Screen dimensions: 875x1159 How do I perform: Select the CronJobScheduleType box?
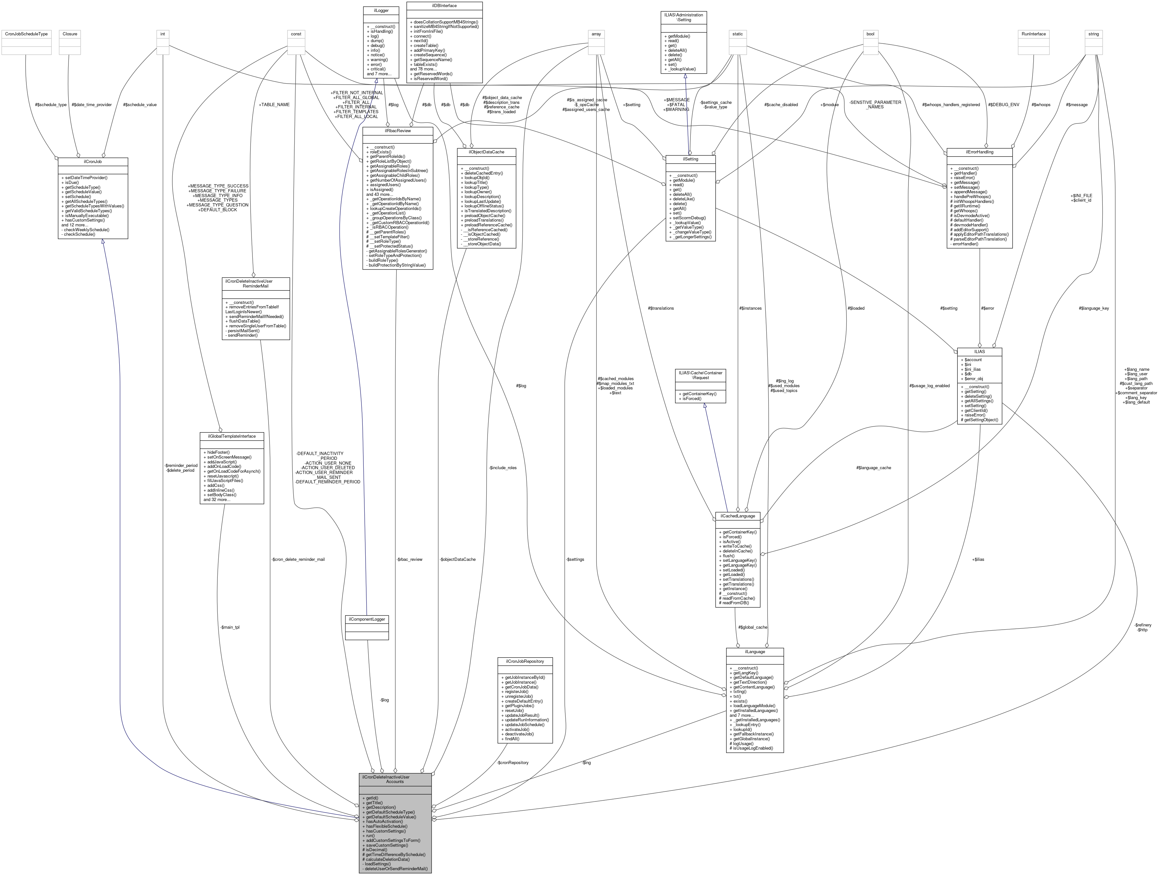point(26,34)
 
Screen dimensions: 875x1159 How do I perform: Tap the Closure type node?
point(70,34)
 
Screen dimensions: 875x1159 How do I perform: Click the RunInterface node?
point(1033,34)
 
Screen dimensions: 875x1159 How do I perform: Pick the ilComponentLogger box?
point(367,619)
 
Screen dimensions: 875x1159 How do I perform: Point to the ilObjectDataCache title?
point(486,152)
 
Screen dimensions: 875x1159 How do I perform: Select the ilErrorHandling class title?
point(979,152)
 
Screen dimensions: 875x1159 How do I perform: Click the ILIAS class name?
point(979,351)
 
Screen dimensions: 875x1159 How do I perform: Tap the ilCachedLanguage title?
point(737,516)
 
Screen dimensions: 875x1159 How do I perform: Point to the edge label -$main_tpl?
point(230,627)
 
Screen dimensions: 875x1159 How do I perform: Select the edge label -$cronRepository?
point(512,762)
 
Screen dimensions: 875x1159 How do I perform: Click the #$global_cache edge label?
point(753,627)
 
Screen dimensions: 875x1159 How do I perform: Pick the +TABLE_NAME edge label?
point(274,105)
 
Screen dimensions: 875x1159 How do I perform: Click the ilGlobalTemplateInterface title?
point(232,436)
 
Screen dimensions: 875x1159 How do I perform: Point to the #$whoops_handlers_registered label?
point(951,105)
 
